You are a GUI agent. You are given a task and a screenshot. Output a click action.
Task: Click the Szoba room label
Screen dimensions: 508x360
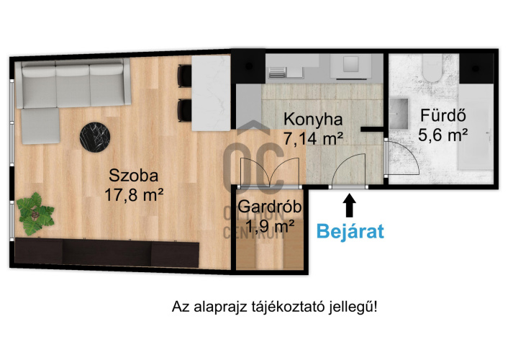[x=134, y=176]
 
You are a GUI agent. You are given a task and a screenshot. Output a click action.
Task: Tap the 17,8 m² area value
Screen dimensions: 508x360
[x=134, y=195]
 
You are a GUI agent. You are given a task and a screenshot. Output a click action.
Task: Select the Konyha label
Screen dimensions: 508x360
[x=313, y=119]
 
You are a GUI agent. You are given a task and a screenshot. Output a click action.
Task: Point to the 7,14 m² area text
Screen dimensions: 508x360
[x=313, y=138]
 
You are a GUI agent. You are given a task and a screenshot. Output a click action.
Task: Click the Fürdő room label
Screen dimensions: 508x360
[x=443, y=115]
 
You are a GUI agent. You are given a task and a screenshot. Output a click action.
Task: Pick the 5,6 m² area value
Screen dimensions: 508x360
[x=443, y=135]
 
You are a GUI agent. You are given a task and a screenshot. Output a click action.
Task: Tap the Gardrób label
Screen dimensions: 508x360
[x=270, y=207]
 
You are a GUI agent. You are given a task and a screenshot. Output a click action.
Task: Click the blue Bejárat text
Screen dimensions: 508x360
[x=350, y=232]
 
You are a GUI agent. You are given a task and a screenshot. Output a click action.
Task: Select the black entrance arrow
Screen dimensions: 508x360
[x=349, y=205]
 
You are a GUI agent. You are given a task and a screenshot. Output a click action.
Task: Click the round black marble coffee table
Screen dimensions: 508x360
[x=95, y=137]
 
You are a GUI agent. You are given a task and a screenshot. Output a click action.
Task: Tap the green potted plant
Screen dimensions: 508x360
[x=35, y=214]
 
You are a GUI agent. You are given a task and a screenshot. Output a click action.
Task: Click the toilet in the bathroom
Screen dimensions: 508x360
[x=432, y=67]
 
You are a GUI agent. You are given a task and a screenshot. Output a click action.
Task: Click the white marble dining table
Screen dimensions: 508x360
[x=211, y=93]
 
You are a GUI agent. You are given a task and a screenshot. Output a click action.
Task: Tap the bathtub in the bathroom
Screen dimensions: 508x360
[x=476, y=127]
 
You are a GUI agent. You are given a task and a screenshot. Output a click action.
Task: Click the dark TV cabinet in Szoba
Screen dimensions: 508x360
[x=107, y=253]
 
